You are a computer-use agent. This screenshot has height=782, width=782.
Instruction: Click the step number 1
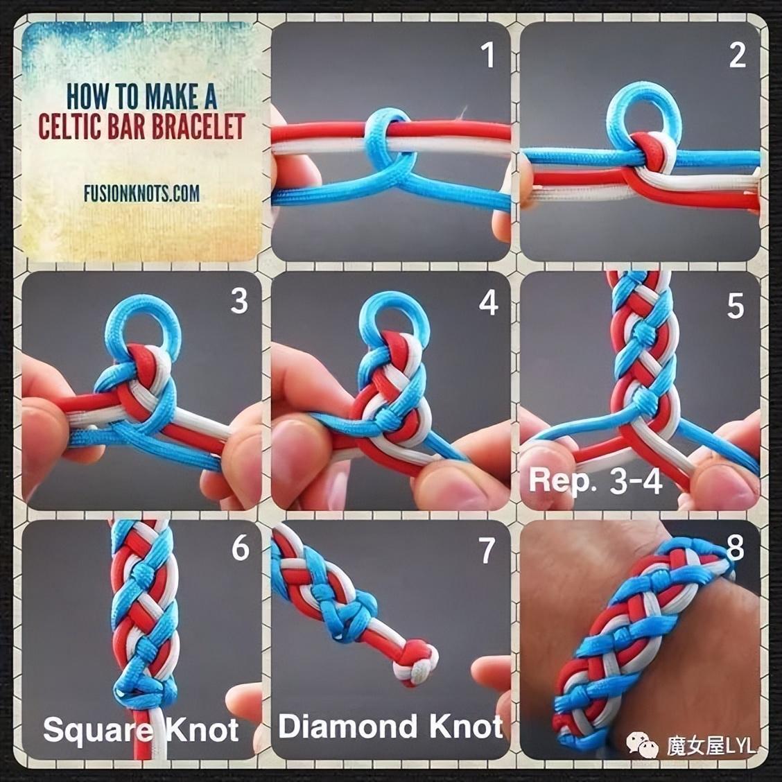[488, 55]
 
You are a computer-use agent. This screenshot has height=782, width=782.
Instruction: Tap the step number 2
[737, 55]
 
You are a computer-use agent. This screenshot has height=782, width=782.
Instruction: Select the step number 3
[239, 301]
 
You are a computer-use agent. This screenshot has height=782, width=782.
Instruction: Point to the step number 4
[488, 303]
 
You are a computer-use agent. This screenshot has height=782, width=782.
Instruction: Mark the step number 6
[241, 548]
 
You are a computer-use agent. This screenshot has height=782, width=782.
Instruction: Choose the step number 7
[487, 551]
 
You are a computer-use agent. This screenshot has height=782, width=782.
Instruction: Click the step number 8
[735, 548]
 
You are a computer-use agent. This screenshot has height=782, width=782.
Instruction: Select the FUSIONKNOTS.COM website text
[141, 193]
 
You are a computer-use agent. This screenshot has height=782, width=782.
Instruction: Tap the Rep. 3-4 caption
[595, 481]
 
